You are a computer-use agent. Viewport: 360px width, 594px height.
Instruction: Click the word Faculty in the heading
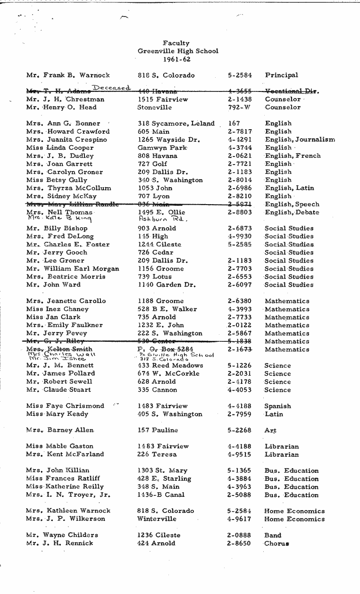[176, 43]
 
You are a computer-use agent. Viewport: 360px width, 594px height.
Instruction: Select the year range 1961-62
[176, 59]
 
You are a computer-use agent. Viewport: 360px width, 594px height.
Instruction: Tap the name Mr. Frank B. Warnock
[68, 75]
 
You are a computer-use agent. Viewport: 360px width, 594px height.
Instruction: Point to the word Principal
[281, 75]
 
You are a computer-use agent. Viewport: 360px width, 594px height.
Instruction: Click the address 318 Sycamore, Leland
[176, 124]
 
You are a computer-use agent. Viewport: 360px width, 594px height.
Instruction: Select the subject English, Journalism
[300, 140]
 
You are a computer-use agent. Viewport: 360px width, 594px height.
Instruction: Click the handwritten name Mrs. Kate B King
[59, 219]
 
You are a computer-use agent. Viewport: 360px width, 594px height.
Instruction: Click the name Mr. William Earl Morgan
[73, 269]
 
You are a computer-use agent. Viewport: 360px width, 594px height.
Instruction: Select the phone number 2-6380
[239, 301]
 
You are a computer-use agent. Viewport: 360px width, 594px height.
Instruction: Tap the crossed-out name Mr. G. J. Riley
[55, 341]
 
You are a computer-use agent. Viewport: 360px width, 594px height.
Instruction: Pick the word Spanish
[277, 406]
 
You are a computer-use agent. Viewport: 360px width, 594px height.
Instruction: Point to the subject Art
[270, 430]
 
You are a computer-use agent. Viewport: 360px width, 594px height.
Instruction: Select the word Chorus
[276, 544]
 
